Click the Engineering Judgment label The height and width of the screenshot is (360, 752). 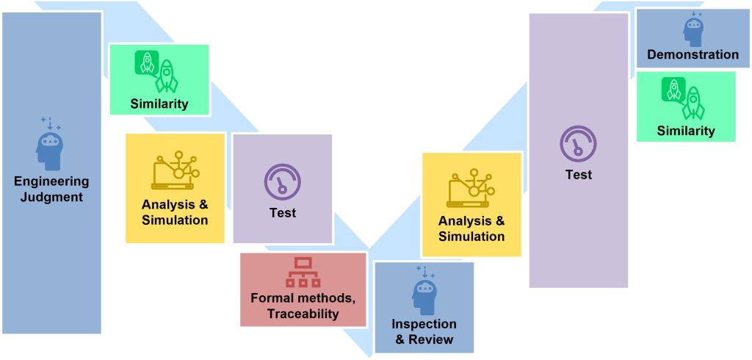click(x=51, y=189)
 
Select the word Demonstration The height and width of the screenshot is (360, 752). click(x=693, y=54)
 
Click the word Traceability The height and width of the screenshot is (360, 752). click(x=303, y=314)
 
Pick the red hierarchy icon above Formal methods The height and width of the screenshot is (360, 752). click(x=303, y=272)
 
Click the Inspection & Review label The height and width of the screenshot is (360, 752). click(x=424, y=331)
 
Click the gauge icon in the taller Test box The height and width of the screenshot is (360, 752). click(x=578, y=142)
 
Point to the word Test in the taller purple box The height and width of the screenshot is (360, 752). click(x=578, y=175)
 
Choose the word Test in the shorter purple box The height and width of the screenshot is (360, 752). click(x=283, y=213)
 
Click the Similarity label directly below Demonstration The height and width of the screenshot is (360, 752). click(x=686, y=131)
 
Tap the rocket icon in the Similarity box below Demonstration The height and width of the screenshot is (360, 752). click(x=684, y=98)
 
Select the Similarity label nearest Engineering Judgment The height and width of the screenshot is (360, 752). click(x=159, y=104)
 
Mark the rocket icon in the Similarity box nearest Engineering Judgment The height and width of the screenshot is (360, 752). click(x=157, y=71)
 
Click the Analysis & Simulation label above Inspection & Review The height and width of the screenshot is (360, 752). click(x=471, y=228)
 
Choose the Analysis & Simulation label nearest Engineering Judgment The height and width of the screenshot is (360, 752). click(x=175, y=212)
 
